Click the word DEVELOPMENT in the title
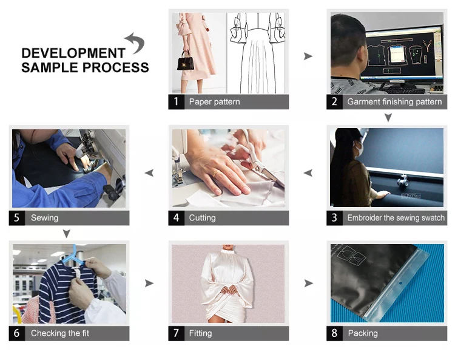coord(73,53)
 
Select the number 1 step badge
coord(176,101)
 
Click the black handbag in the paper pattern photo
coord(186,61)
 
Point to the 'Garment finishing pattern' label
coord(394,101)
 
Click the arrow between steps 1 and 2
coord(308,56)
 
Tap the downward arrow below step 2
coord(388,117)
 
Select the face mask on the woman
coord(359,148)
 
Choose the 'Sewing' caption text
coord(44,218)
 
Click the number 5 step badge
coord(16,218)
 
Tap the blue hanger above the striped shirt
coord(73,256)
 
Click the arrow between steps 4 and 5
coord(149,173)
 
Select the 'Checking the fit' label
coord(60,333)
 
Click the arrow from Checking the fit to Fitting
coord(149,283)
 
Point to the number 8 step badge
coord(334,333)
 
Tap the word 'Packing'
coord(363,333)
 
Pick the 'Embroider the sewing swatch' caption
coord(396,218)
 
